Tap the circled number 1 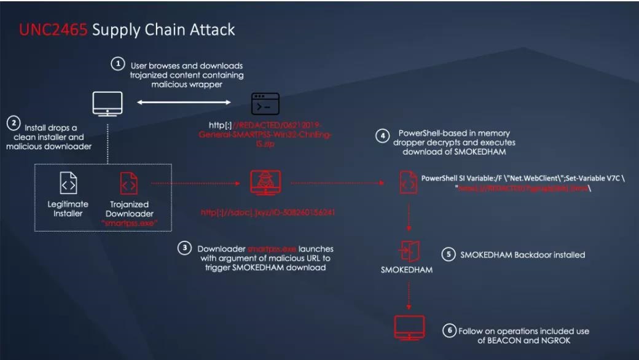coord(118,64)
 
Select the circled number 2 coord(13,123)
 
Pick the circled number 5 coord(449,254)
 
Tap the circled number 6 coord(449,331)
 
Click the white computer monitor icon coord(107,103)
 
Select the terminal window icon coord(265,104)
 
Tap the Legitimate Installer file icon coord(68,183)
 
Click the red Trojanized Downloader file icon coord(129,183)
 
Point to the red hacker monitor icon coord(266,182)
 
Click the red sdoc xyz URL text coord(267,213)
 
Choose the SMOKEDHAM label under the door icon coord(407,270)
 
